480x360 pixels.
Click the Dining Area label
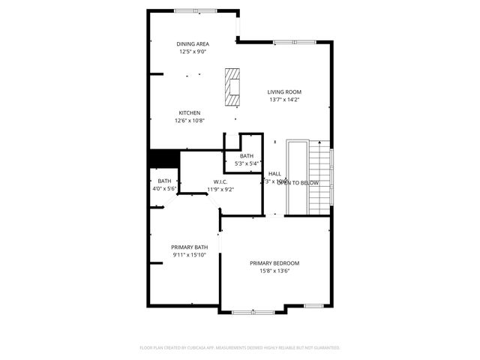click(193, 44)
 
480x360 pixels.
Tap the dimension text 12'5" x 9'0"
click(193, 52)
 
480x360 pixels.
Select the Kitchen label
click(189, 112)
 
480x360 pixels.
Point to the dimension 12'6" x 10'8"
click(189, 121)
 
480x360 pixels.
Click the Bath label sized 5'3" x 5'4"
click(247, 155)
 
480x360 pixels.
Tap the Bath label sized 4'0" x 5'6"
click(164, 181)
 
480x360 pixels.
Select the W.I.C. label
click(220, 181)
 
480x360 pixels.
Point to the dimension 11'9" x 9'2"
click(220, 189)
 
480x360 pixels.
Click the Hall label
click(274, 173)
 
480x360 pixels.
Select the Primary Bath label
click(189, 247)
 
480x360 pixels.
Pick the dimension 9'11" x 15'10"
click(189, 256)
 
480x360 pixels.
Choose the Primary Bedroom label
click(274, 263)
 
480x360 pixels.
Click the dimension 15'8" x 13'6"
click(274, 271)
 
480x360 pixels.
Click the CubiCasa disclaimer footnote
click(240, 348)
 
